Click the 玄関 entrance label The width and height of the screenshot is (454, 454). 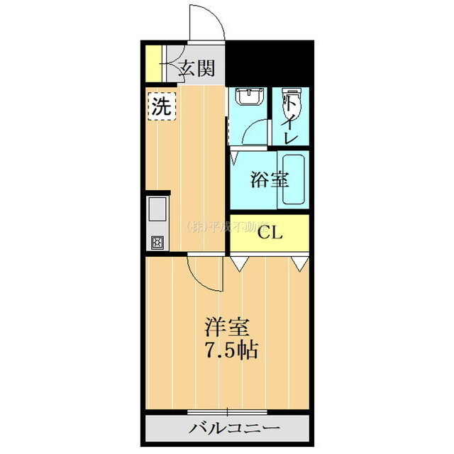tap(196, 69)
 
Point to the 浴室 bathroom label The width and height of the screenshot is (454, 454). tap(270, 179)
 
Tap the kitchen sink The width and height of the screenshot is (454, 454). tap(157, 209)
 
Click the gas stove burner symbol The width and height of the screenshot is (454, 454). tap(156, 242)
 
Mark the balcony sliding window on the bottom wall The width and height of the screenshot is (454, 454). tap(228, 412)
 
